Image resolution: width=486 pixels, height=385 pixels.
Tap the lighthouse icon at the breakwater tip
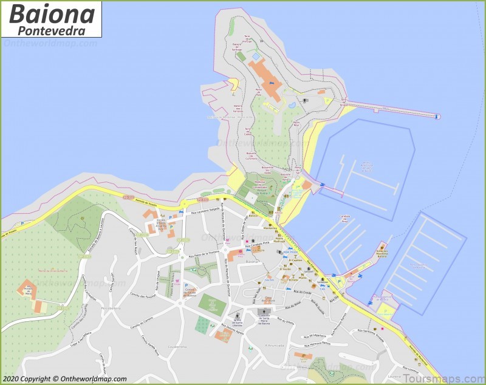(436, 115)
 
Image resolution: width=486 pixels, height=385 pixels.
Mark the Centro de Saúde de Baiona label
(190, 291)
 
